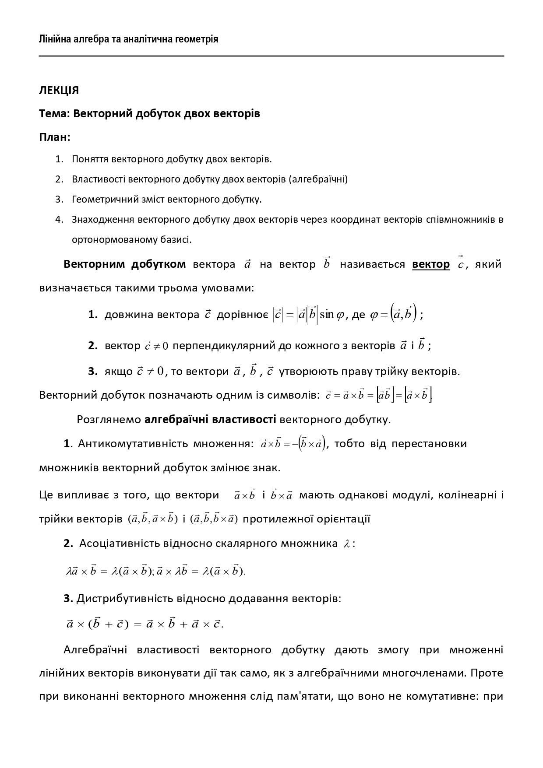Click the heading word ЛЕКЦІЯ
59,91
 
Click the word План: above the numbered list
55,137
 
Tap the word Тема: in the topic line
54,114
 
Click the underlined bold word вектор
430,264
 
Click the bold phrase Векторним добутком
124,264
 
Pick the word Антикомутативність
133,444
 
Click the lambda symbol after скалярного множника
346,544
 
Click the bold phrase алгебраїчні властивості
210,420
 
